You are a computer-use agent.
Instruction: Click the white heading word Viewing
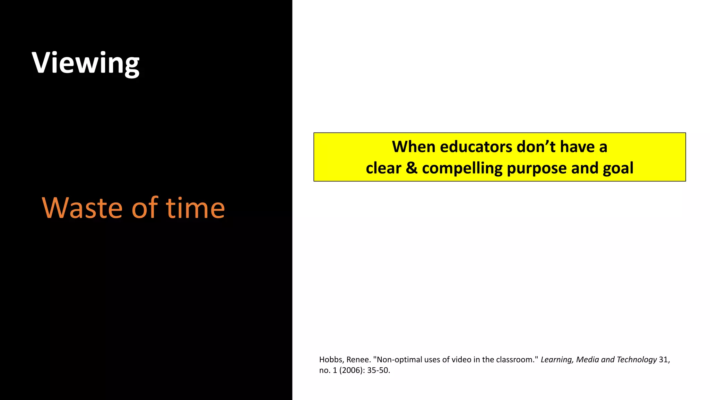coord(85,63)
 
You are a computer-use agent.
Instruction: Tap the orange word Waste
coord(82,208)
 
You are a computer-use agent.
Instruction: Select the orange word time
coord(196,208)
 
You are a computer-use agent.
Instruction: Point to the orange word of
coord(145,208)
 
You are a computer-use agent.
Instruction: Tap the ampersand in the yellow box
coord(412,168)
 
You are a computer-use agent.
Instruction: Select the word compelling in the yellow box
coord(462,168)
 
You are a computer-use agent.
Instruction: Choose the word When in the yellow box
coord(414,147)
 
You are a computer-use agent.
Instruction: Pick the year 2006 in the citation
coord(350,370)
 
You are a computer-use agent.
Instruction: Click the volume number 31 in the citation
coord(664,360)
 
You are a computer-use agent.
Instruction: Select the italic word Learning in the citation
coord(557,360)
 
